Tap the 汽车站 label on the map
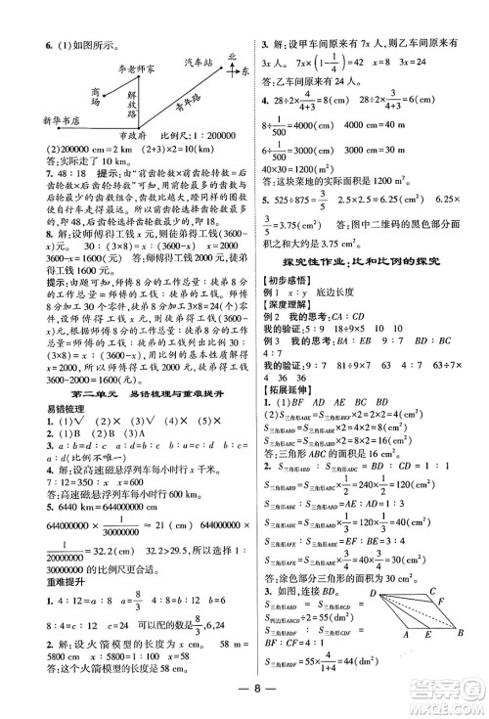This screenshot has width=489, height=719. pos(200,62)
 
